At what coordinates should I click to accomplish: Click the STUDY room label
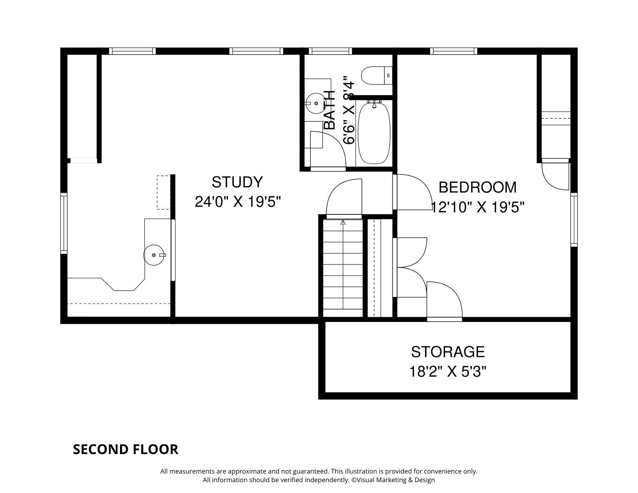[237, 182]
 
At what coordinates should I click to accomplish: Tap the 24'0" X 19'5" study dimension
[238, 202]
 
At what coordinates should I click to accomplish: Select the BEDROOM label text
[478, 187]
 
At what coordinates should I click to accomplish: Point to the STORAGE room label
[448, 352]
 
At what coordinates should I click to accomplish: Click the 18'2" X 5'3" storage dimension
[448, 372]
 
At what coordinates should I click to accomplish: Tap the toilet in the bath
[376, 75]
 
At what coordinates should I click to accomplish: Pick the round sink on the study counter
[155, 255]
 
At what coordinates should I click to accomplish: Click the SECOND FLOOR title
[126, 449]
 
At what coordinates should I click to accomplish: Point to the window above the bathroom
[330, 51]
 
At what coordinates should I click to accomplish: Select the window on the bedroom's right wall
[574, 220]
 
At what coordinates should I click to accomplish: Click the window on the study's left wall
[64, 223]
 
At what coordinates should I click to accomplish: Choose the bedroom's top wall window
[454, 51]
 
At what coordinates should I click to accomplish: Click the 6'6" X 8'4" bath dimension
[349, 110]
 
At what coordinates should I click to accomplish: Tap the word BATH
[330, 110]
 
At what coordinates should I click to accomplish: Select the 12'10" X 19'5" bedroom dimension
[478, 207]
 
